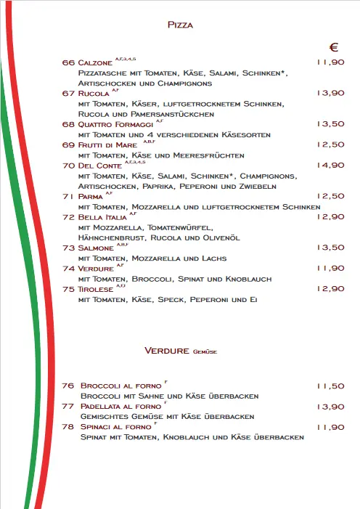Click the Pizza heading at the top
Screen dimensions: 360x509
click(180, 25)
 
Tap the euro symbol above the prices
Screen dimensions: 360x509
click(335, 48)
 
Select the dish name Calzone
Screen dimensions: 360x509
click(95, 63)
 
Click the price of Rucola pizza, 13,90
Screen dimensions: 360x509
click(330, 93)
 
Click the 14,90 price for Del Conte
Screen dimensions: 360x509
click(330, 166)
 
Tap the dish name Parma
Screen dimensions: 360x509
click(90, 197)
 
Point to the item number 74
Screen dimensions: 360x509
click(69, 269)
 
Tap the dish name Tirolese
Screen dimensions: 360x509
click(97, 290)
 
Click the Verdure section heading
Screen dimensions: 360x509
click(167, 351)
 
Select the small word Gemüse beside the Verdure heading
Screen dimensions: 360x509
click(206, 352)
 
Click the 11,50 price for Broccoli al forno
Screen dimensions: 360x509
click(330, 386)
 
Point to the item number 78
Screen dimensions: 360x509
click(69, 427)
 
